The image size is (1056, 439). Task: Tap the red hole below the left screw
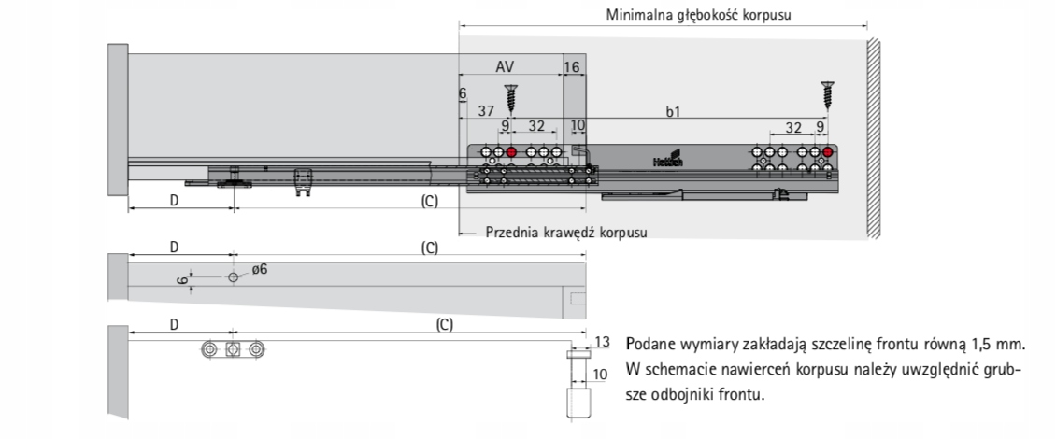511,152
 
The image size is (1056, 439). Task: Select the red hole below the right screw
827,152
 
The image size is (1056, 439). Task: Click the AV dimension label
505,66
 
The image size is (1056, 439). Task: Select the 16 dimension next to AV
572,66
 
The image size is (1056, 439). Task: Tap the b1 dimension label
672,111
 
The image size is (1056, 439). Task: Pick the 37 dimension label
486,111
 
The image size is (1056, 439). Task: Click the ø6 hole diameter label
259,269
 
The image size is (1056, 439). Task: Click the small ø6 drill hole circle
233,277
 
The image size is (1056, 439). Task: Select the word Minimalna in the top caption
641,15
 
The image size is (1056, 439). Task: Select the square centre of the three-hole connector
233,349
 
